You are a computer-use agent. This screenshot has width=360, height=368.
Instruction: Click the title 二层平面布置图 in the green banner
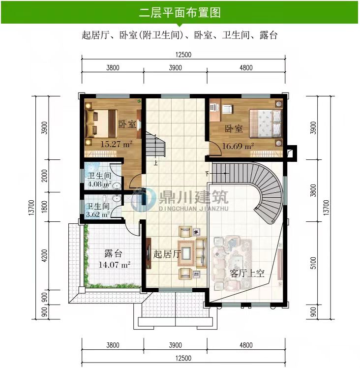[180, 12]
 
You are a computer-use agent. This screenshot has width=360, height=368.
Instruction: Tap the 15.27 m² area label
[117, 144]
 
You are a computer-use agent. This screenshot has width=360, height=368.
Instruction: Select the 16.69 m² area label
[238, 146]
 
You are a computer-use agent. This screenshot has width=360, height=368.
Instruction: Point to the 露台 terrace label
[113, 253]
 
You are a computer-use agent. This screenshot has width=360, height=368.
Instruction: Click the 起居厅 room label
[167, 254]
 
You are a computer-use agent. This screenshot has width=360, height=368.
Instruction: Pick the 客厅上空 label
[247, 273]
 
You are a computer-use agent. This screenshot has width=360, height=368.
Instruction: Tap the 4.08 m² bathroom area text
[99, 184]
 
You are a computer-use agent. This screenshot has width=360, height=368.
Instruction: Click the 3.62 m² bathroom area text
[98, 215]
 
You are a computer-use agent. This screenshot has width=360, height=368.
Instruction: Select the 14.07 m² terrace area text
[114, 265]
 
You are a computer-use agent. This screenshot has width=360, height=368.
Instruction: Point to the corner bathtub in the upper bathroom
[92, 168]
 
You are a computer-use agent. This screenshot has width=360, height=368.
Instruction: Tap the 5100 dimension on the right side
[313, 263]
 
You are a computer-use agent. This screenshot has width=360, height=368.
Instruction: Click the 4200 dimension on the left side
[44, 255]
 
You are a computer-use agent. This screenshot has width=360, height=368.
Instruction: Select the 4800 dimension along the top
[246, 68]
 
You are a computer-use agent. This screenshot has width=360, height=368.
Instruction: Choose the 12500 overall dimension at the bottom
[183, 358]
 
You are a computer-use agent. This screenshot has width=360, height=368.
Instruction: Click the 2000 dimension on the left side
[44, 176]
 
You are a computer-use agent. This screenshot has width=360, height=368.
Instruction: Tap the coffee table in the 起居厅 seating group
[186, 253]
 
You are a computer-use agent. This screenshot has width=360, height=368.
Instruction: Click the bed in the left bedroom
[102, 123]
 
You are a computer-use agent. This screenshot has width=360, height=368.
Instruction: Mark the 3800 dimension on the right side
[313, 190]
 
